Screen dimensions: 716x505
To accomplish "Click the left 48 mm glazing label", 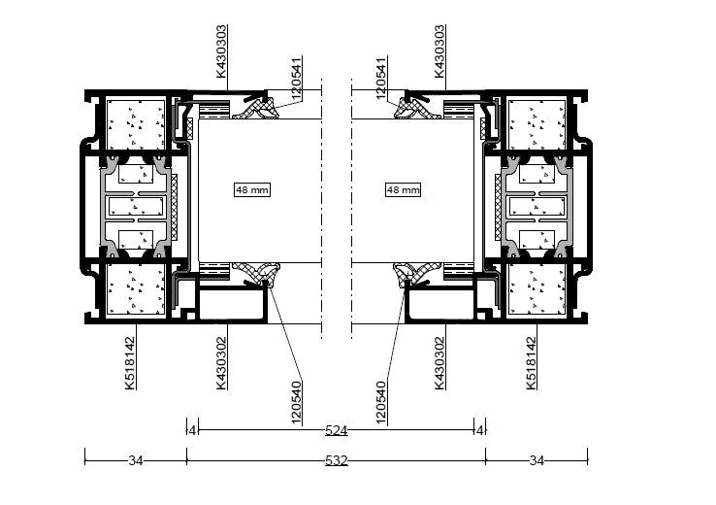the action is (252, 189).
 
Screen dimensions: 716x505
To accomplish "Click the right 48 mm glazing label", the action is (403, 189).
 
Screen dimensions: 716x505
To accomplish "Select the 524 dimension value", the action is (337, 430).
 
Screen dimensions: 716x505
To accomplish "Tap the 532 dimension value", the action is (337, 460).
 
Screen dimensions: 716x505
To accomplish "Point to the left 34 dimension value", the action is (135, 460).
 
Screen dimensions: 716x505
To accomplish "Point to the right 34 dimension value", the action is (537, 460).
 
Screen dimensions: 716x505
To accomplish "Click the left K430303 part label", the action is (221, 51).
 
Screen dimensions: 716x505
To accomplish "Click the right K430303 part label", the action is (439, 51).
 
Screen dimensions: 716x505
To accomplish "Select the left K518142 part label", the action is (130, 363).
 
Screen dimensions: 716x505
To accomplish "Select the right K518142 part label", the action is (531, 363).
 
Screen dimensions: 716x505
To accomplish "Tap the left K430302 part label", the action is (221, 363).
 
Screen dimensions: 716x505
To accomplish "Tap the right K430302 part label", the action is (439, 363).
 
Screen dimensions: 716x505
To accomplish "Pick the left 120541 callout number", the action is (296, 78).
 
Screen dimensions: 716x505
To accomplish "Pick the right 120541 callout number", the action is (381, 78).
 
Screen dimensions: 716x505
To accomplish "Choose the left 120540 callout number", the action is (296, 402).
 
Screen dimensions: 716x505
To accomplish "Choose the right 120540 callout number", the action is (381, 402).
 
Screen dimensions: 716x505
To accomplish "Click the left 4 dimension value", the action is (193, 430).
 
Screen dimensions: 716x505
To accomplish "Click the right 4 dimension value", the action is (479, 430).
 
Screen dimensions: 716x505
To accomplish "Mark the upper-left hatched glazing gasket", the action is (256, 110).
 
